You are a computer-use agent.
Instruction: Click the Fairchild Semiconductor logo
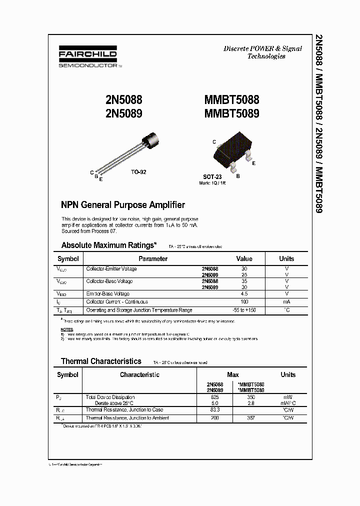pos(87,58)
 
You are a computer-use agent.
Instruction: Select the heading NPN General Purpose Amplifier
pos(123,205)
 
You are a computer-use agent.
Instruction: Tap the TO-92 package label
pos(138,172)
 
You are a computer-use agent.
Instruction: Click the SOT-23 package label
pos(212,176)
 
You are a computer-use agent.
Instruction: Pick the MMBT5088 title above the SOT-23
pos(231,100)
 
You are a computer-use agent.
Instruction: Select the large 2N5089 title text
pos(124,113)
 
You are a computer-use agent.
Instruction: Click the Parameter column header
pos(153,258)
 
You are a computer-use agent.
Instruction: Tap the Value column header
pos(244,258)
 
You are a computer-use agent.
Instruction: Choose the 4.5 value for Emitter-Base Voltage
pos(244,294)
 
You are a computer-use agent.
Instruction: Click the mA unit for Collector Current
pos(286,302)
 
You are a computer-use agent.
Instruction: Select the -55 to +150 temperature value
pos(244,310)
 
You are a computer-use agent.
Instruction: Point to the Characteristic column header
pos(139,374)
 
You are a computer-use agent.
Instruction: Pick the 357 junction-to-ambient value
pos(251,417)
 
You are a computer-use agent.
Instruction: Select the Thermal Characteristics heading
pos(101,361)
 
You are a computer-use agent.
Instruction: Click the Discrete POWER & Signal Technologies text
pos(262,52)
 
